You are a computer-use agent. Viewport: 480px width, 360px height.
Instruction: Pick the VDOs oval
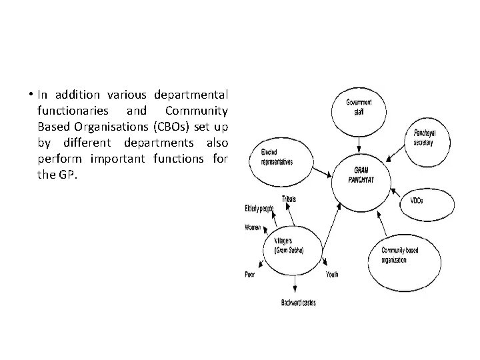418,201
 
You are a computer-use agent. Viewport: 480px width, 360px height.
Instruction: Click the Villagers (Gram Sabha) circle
289,247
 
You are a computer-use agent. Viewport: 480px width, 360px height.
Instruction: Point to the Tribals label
289,199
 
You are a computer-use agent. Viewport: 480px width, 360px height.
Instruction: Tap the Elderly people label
259,209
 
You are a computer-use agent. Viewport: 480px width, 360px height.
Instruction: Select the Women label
253,227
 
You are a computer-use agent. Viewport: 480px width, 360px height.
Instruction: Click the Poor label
250,274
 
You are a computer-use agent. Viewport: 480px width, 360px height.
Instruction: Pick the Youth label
332,274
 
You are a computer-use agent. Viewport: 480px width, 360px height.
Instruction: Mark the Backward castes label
298,303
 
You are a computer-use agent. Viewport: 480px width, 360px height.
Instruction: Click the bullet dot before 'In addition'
32,93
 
